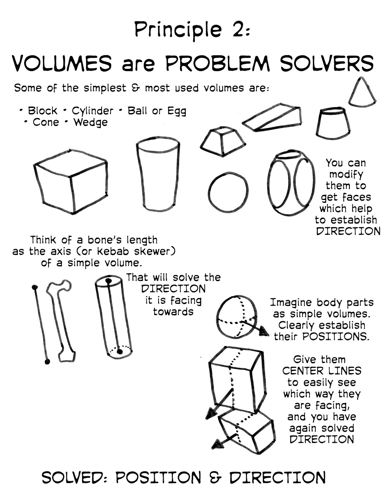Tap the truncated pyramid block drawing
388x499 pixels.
click(223, 141)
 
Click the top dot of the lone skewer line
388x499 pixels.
click(35, 287)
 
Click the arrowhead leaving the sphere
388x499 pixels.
click(264, 332)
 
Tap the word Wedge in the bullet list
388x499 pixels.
click(91, 123)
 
